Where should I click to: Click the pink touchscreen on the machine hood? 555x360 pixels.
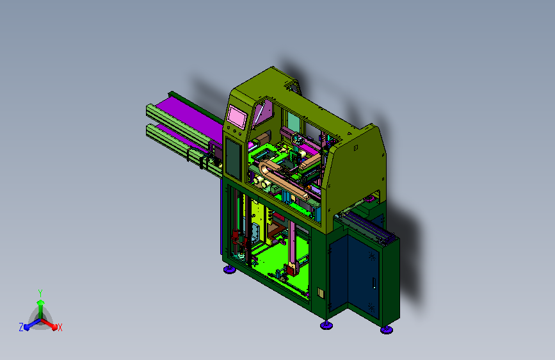pyautogui.click(x=237, y=117)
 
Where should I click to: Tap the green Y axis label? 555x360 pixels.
pyautogui.click(x=40, y=293)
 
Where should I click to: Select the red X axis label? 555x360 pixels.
pyautogui.click(x=60, y=328)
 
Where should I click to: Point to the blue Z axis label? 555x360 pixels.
pyautogui.click(x=21, y=327)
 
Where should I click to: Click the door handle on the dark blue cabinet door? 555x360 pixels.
pyautogui.click(x=374, y=284)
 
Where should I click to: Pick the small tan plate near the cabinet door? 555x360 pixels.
pyautogui.click(x=321, y=293)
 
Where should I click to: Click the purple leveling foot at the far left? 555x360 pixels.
pyautogui.click(x=230, y=270)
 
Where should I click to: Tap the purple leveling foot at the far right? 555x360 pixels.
pyautogui.click(x=387, y=330)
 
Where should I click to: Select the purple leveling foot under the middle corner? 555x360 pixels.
pyautogui.click(x=326, y=325)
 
